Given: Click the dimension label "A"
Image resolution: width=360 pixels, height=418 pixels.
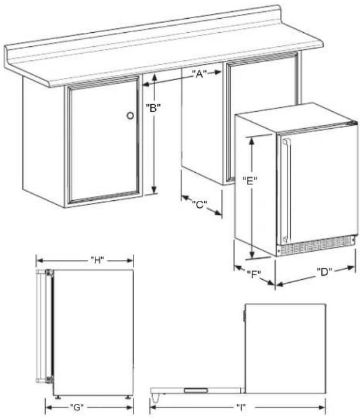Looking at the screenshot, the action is (200, 74).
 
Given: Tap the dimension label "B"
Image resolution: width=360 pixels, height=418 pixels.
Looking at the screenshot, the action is (153, 108).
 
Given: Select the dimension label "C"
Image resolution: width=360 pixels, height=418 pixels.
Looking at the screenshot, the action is (200, 204).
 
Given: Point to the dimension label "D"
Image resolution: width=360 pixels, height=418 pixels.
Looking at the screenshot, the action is (324, 272).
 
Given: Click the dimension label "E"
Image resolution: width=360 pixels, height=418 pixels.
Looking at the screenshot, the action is (250, 181).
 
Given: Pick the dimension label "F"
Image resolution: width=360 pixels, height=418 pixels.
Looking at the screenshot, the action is (253, 273).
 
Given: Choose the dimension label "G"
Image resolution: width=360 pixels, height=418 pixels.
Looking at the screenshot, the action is (77, 407).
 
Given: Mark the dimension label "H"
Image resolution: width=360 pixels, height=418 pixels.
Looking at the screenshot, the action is (97, 260).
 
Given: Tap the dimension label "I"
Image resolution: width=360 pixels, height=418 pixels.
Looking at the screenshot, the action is (241, 407).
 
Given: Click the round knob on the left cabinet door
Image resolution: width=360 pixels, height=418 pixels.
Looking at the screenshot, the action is (130, 116).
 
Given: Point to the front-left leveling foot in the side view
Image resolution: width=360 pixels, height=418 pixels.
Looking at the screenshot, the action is (57, 397).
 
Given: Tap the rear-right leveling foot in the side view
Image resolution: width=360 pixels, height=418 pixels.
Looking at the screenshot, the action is (128, 397).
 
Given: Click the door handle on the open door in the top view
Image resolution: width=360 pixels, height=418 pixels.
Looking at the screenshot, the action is (196, 390).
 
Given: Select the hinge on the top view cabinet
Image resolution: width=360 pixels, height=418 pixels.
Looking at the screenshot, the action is (244, 316).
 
